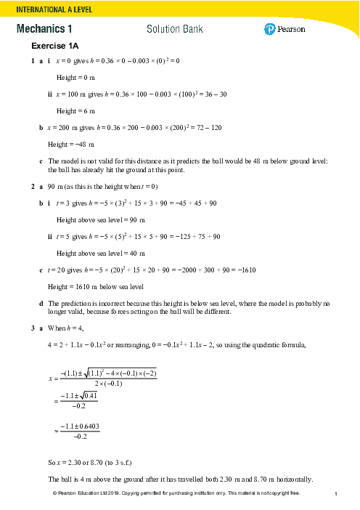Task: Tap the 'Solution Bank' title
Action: [x=174, y=29]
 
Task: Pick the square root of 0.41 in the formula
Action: [x=87, y=398]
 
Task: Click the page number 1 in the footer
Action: [x=337, y=495]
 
